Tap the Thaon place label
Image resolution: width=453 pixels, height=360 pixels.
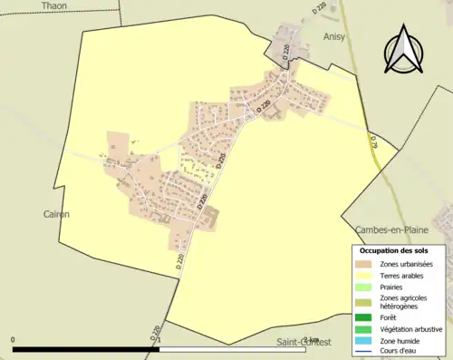point(53,5)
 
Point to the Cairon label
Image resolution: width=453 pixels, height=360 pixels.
point(55,214)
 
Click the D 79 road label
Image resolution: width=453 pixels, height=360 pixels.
point(372,141)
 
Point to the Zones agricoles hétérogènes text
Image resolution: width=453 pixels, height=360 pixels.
point(404,302)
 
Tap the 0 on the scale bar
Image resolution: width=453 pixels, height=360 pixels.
point(14,339)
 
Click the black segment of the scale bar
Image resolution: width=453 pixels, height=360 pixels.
point(86,348)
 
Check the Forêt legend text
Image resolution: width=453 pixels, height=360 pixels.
point(391,317)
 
